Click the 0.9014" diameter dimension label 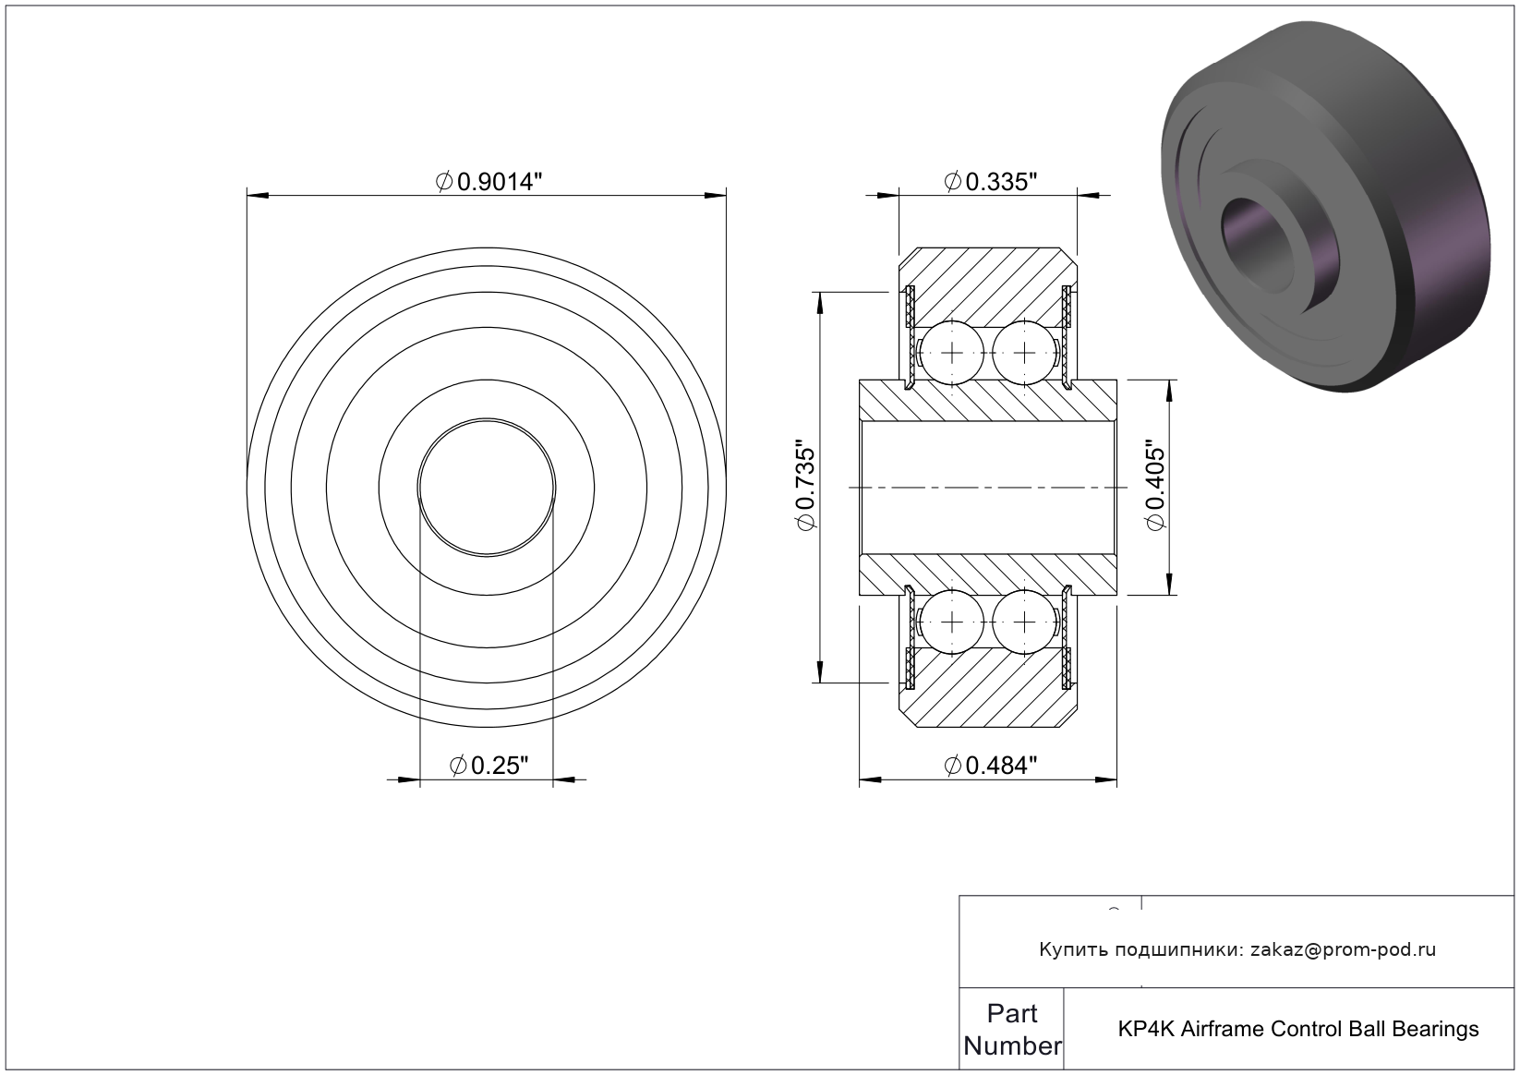pos(489,182)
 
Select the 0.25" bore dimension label pos(489,766)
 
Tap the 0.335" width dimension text pos(990,182)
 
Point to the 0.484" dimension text pos(990,766)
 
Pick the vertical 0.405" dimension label pos(1155,488)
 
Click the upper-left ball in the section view pos(952,353)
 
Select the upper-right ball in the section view pos(1024,353)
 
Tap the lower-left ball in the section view pos(952,622)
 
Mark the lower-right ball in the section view pos(1024,622)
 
